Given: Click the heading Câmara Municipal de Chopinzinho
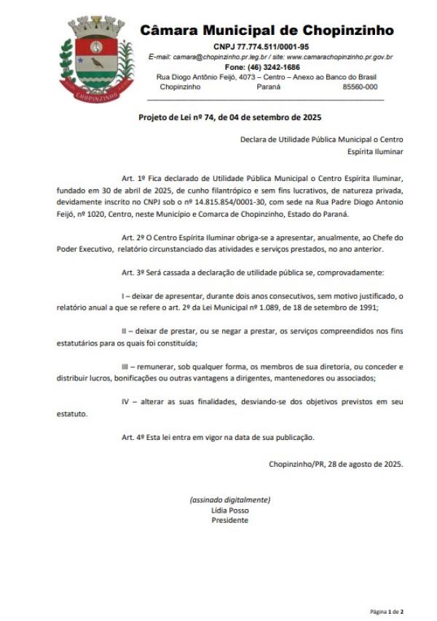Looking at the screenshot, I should tap(267, 31).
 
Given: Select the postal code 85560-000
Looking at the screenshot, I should tap(360, 87).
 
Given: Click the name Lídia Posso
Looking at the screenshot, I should tap(229, 510).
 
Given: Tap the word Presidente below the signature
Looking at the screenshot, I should tap(229, 520).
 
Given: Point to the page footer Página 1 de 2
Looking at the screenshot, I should tap(387, 612).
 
